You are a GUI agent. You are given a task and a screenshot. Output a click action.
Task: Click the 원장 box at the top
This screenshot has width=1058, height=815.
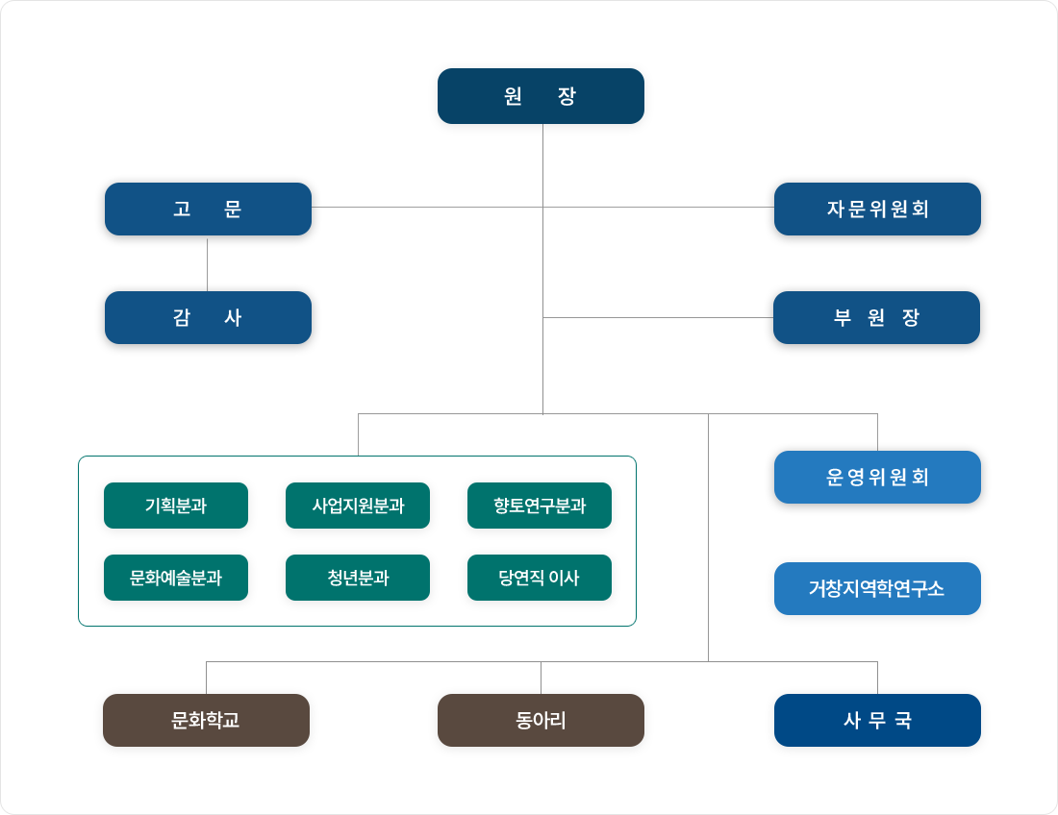click(541, 96)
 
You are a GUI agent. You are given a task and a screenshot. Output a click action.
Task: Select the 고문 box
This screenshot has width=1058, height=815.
click(208, 209)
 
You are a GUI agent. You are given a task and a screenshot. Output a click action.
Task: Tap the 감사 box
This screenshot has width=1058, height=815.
click(208, 317)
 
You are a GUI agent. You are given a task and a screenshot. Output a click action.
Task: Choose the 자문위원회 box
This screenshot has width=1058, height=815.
click(877, 209)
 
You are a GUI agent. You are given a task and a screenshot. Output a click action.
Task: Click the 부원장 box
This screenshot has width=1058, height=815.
click(876, 317)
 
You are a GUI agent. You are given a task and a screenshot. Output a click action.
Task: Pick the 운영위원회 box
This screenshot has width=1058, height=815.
click(877, 478)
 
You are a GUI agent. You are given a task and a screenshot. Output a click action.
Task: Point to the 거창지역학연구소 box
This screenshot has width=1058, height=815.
click(877, 588)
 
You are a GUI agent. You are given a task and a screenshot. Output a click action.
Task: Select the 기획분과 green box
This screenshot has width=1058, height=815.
click(176, 506)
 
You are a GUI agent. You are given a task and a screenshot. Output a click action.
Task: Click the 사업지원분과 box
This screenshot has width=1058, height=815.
click(358, 506)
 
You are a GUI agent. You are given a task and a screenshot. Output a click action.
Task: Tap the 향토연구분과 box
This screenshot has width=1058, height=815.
click(540, 506)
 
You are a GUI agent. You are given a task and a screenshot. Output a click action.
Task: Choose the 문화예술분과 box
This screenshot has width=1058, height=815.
click(176, 578)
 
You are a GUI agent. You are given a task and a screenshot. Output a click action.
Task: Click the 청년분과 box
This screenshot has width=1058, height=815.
click(358, 578)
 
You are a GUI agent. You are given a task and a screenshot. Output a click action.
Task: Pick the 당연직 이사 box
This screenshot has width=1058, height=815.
click(540, 578)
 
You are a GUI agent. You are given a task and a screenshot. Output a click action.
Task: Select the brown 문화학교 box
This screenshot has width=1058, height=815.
click(206, 720)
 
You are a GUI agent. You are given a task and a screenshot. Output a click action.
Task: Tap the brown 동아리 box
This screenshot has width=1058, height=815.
click(541, 720)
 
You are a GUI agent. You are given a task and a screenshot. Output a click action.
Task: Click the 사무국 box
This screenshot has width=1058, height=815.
click(877, 720)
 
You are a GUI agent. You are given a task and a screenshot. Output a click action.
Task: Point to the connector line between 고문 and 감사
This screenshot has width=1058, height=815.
click(207, 263)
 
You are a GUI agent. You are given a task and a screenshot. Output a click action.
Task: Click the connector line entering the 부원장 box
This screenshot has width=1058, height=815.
click(658, 317)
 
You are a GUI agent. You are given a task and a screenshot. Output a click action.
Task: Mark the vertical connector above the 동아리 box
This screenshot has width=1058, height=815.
click(542, 678)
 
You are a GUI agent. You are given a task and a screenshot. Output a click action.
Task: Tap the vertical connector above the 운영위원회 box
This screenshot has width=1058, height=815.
click(878, 432)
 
